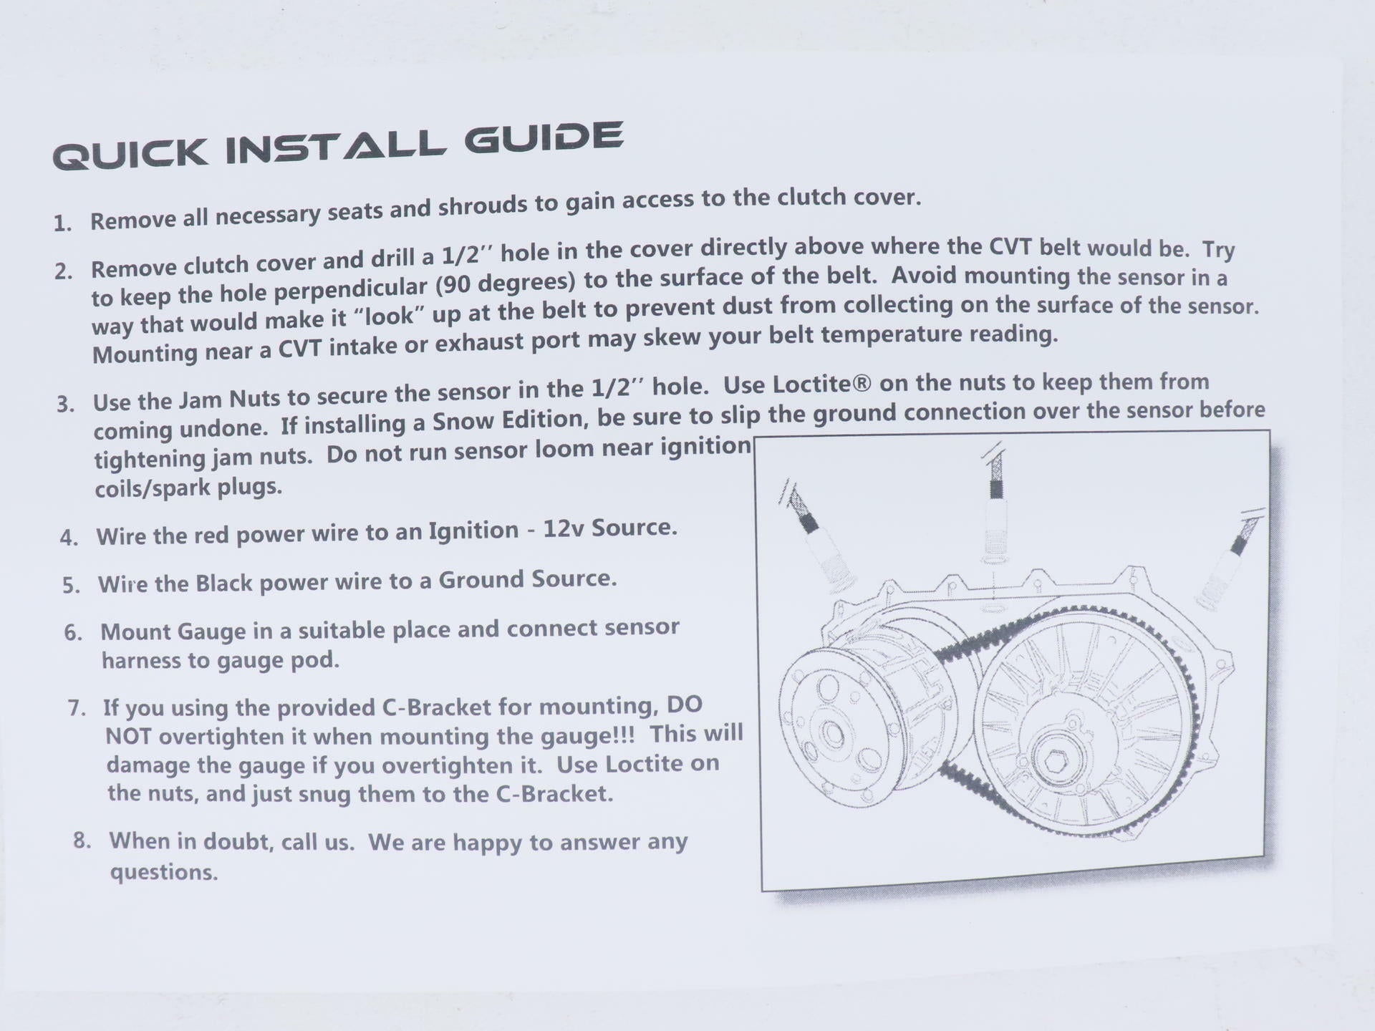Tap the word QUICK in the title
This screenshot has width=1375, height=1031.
click(130, 155)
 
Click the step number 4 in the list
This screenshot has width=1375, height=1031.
click(69, 538)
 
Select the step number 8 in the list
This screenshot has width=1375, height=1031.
click(82, 841)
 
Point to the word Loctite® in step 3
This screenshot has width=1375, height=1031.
click(822, 384)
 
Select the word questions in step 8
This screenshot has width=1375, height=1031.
click(164, 873)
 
